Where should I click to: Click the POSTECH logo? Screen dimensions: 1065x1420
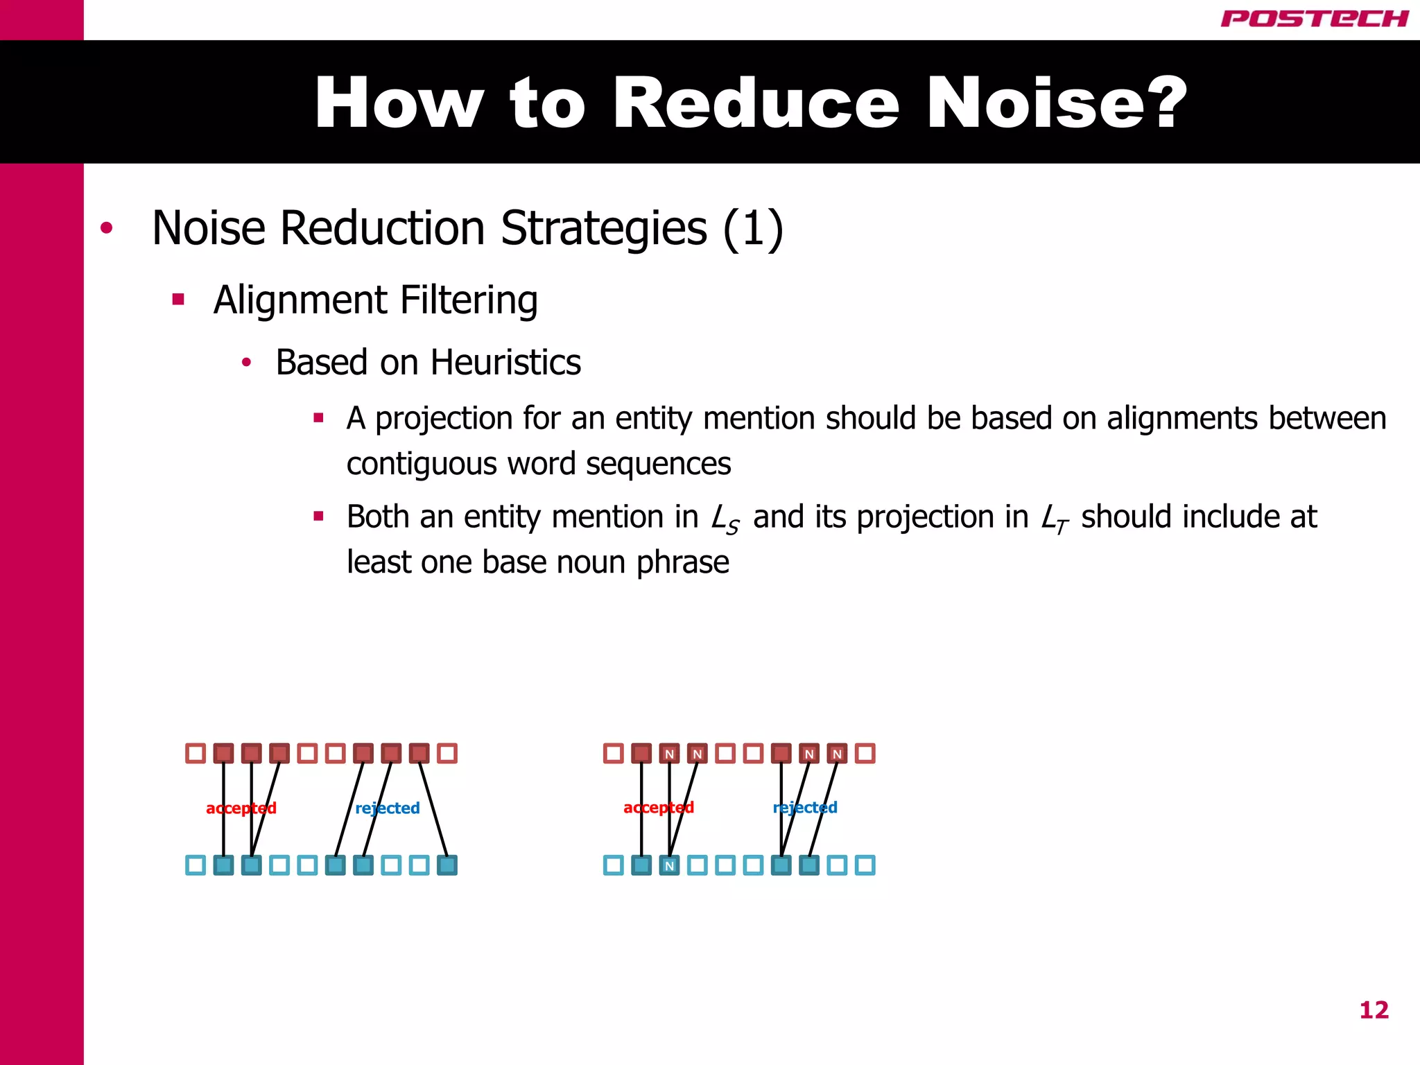[x=1315, y=19]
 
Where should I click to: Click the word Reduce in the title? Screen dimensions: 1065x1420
[x=756, y=103]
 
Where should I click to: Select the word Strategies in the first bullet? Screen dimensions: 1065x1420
[x=603, y=229]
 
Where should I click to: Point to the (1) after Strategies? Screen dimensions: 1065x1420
[x=753, y=229]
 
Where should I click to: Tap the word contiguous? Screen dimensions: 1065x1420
[x=422, y=464]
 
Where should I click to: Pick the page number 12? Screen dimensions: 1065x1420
[x=1374, y=1010]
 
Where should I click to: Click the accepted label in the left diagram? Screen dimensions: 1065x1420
[x=241, y=808]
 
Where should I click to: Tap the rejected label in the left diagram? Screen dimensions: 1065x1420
[x=388, y=808]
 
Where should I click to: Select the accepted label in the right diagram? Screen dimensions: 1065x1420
[x=659, y=807]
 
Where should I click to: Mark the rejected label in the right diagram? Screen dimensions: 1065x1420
[x=805, y=807]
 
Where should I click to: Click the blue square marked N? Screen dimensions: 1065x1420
[x=669, y=865]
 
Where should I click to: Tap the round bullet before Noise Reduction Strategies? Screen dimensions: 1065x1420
[x=106, y=228]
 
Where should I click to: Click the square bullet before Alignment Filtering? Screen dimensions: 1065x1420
[x=178, y=300]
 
